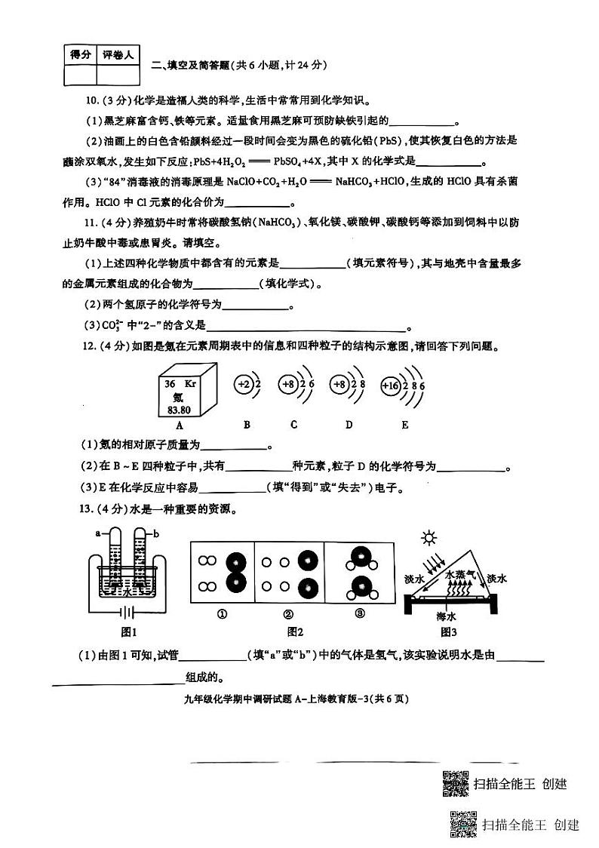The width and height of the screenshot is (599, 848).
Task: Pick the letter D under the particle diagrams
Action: pos(349,425)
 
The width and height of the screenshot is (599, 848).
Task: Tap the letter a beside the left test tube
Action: pos(98,533)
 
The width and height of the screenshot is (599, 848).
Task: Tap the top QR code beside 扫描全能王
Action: pos(453,785)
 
